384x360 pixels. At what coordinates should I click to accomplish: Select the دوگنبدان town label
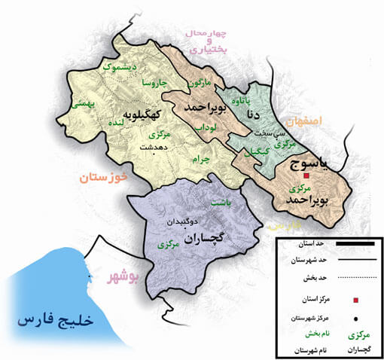click(181, 223)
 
